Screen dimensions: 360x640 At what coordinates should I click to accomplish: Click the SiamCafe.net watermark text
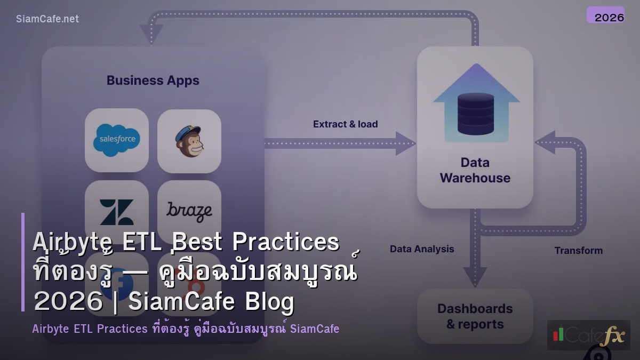pos(47,19)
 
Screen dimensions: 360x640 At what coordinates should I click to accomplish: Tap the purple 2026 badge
pos(605,15)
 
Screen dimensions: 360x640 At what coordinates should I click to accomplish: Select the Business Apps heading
pos(153,81)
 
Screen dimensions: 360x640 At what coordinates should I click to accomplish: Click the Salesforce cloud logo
pos(116,140)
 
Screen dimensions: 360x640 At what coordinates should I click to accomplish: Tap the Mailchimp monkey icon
pos(189,141)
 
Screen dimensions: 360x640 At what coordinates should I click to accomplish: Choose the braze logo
pos(189,211)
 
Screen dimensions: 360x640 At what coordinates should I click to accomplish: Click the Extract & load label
pos(345,124)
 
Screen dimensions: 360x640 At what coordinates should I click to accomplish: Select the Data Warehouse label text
pos(475,170)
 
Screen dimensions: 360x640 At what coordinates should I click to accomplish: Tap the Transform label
pos(578,251)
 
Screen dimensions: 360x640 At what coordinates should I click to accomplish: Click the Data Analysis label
pos(422,249)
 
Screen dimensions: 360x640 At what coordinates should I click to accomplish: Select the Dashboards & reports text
pos(475,316)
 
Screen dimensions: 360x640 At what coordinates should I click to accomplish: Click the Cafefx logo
pos(588,335)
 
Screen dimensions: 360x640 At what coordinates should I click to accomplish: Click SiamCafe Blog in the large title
pos(211,302)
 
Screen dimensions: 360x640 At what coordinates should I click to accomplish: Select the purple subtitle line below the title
pos(186,329)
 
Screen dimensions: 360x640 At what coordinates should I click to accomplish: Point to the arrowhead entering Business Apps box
pos(151,35)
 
